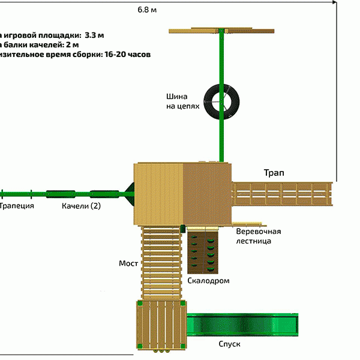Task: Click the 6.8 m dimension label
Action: tap(148, 10)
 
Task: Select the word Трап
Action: tap(274, 173)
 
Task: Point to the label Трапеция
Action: tap(16, 206)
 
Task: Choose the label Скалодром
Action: tap(208, 280)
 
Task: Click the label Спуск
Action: tap(229, 344)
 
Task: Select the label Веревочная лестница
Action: tap(258, 236)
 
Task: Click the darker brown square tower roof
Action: tap(207, 194)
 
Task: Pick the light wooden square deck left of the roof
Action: tap(158, 194)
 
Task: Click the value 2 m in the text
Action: tap(71, 44)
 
